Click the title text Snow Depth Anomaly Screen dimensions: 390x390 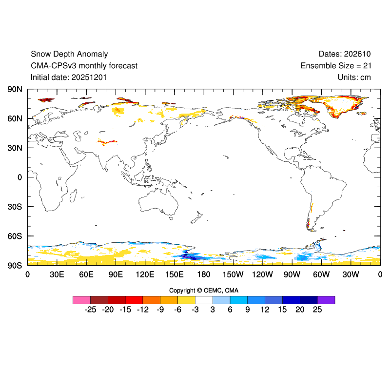[x=69, y=54]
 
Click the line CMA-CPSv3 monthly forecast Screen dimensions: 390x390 [x=84, y=66]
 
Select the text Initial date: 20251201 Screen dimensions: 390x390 [x=69, y=77]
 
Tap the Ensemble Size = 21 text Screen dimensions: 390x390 [x=336, y=66]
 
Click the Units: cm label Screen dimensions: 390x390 [x=354, y=77]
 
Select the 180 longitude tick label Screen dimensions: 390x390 [x=204, y=274]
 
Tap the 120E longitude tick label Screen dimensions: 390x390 [x=145, y=274]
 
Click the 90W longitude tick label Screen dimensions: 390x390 [x=292, y=274]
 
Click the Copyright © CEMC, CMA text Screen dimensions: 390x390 [x=204, y=291]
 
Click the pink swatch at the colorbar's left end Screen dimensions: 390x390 [x=81, y=300]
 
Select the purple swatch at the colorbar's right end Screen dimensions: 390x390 [x=326, y=300]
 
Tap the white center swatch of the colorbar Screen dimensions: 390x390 [x=204, y=300]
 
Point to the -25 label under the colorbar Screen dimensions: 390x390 [x=90, y=310]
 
